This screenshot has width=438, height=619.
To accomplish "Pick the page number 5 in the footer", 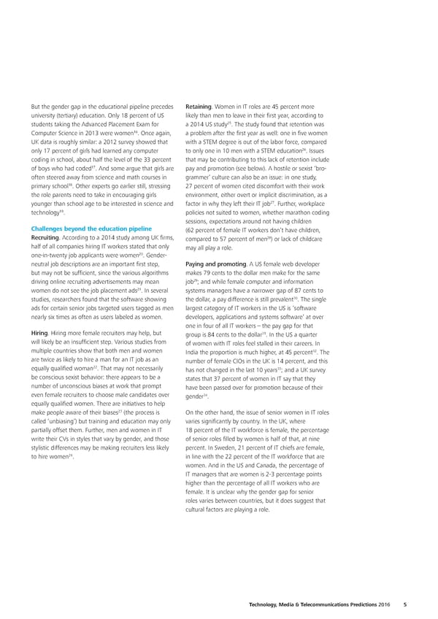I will [x=404, y=604].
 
